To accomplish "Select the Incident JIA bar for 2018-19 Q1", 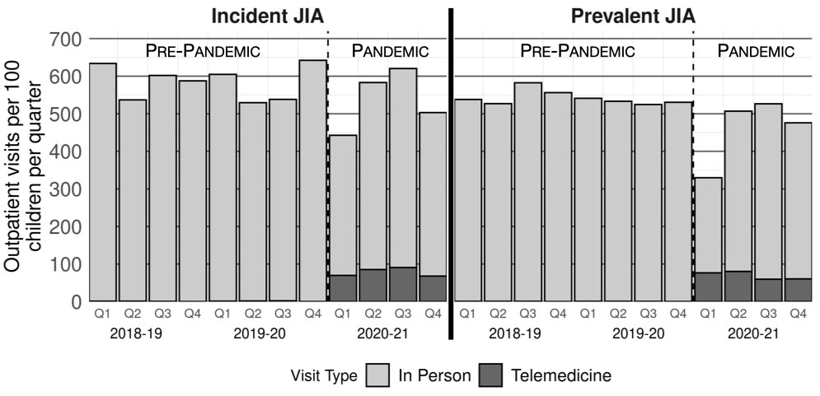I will pyautogui.click(x=103, y=182).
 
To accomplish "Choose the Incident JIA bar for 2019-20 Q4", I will pyautogui.click(x=312, y=180).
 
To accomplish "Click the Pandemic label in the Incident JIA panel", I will pyautogui.click(x=390, y=51).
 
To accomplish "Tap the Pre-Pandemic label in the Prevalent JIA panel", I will pyautogui.click(x=577, y=51).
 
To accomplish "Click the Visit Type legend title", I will pyautogui.click(x=324, y=376).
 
